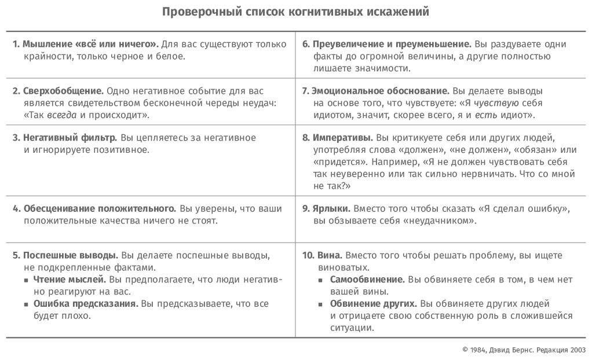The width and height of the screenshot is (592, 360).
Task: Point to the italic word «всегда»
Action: coord(62,115)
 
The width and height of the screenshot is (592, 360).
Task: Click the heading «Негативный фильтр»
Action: coord(70,138)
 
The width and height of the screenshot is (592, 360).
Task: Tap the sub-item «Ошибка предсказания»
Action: coord(86,304)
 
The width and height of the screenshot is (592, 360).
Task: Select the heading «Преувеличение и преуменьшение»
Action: coord(391,45)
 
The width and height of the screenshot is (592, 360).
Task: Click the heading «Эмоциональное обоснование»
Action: coord(380,91)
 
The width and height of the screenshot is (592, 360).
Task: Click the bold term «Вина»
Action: coord(330,255)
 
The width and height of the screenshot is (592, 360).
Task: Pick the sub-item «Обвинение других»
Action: coord(373,304)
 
